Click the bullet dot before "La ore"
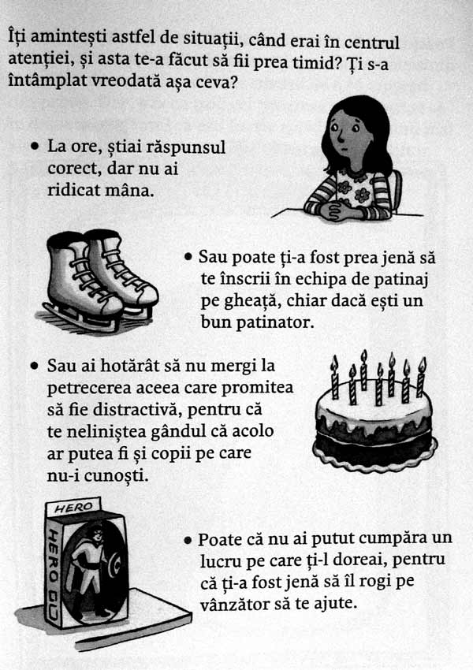pyautogui.click(x=34, y=147)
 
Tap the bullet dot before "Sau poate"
pyautogui.click(x=188, y=257)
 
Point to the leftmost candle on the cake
pyautogui.click(x=334, y=379)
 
